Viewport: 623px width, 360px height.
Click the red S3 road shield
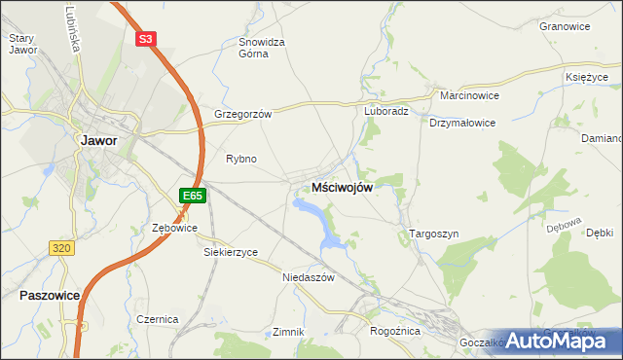[145, 39]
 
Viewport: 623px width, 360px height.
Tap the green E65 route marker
[193, 196]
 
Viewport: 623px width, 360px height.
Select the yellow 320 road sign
[61, 248]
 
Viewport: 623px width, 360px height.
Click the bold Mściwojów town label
[341, 188]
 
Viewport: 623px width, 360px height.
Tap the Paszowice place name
[48, 293]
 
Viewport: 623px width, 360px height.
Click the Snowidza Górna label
[261, 48]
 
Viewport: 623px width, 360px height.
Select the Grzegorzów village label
[241, 113]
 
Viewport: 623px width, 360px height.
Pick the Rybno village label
[240, 159]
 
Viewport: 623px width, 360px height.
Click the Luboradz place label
[386, 111]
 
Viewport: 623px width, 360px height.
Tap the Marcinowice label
[469, 96]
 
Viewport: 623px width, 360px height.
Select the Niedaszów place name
[307, 276]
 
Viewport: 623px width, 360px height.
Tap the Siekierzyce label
[230, 252]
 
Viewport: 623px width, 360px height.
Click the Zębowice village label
[175, 228]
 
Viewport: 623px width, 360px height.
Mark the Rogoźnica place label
[394, 331]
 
